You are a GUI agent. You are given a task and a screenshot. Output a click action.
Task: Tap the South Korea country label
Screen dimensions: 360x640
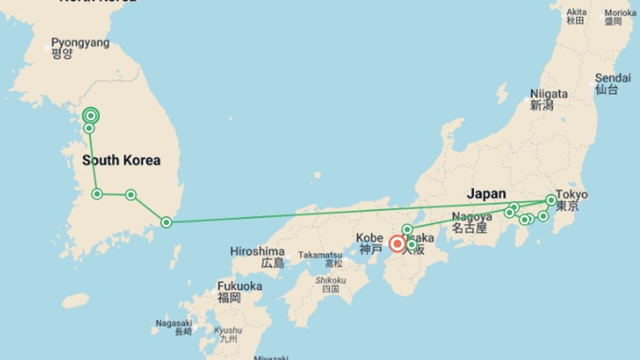pyautogui.click(x=121, y=160)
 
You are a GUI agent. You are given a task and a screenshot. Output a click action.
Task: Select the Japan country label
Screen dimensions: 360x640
pyautogui.click(x=486, y=194)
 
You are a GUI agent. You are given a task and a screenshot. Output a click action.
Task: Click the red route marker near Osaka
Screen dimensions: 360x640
pyautogui.click(x=397, y=244)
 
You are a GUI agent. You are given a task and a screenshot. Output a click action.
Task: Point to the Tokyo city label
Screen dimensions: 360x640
pyautogui.click(x=571, y=195)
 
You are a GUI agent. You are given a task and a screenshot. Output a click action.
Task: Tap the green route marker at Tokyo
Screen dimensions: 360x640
pyautogui.click(x=551, y=200)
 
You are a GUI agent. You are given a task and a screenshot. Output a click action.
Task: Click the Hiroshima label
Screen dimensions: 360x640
pyautogui.click(x=257, y=251)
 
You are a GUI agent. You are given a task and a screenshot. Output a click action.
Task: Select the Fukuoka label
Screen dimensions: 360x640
pyautogui.click(x=239, y=286)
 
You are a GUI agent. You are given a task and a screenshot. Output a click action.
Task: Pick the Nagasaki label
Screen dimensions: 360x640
pyautogui.click(x=174, y=323)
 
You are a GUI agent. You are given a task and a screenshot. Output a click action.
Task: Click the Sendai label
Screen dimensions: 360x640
pyautogui.click(x=613, y=78)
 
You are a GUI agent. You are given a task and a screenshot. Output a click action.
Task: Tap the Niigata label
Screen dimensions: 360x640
pyautogui.click(x=549, y=94)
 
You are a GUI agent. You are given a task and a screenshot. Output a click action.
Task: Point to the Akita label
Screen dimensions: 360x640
pyautogui.click(x=576, y=12)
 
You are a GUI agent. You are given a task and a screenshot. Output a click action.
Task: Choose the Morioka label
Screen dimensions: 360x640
pyautogui.click(x=620, y=13)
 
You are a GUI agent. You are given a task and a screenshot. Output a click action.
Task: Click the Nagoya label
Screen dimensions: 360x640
pyautogui.click(x=472, y=217)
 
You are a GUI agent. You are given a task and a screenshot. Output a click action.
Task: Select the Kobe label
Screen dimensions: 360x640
pyautogui.click(x=369, y=238)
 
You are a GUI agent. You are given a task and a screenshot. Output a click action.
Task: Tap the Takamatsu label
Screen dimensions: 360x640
pyautogui.click(x=320, y=255)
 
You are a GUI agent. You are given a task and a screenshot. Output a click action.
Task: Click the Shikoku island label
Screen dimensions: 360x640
pyautogui.click(x=331, y=280)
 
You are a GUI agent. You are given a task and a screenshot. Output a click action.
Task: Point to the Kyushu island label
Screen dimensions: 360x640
pyautogui.click(x=228, y=331)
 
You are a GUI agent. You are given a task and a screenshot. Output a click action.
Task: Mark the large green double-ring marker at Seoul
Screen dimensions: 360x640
pyautogui.click(x=91, y=116)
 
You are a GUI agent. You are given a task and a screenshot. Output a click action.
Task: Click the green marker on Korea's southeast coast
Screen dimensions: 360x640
pyautogui.click(x=166, y=222)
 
